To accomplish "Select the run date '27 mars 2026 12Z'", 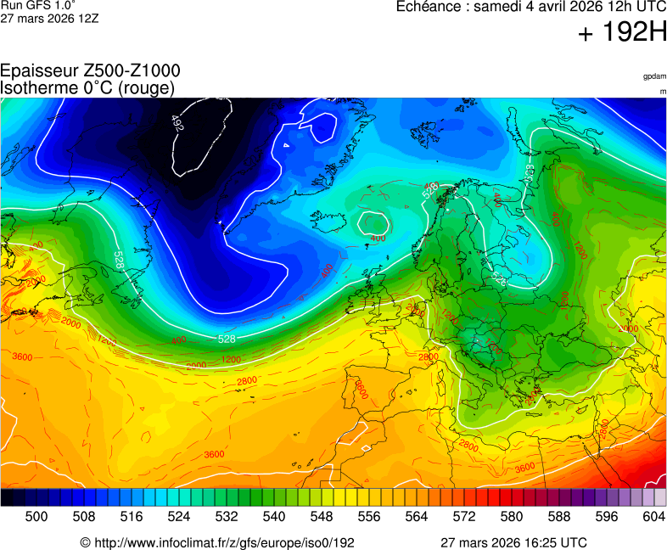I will pos(49,19).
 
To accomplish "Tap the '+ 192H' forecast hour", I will pos(622,33).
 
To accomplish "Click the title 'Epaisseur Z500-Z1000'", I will pos(90,71).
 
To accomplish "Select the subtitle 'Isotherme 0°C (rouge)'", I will pos(87,87).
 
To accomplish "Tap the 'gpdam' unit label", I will pos(653,76).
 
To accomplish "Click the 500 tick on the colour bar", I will pos(36,516).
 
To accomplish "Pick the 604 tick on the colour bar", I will pos(653,516).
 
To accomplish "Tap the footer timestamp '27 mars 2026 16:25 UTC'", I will pos(513,542).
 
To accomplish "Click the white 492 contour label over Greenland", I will pos(177,124).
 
